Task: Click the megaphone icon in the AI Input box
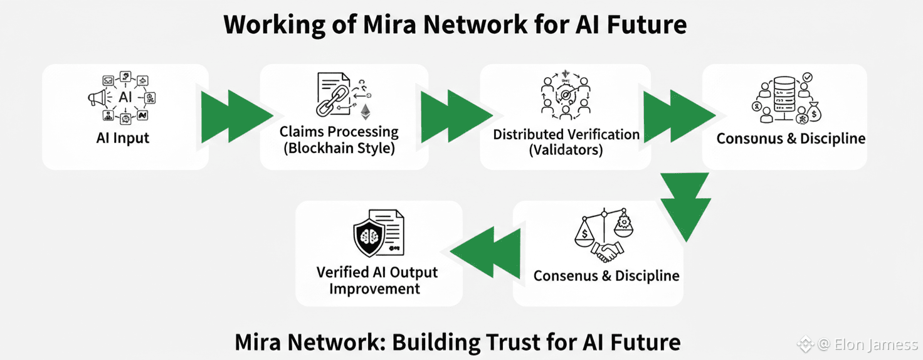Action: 97,97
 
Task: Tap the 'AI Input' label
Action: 123,138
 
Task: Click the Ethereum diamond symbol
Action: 365,112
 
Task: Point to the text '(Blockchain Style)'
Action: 339,149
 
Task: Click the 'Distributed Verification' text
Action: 566,134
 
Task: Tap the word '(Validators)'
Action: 566,151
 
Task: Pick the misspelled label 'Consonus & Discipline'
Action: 790,139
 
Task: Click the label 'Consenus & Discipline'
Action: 606,276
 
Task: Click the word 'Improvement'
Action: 374,289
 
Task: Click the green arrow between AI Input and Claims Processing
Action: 235,117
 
